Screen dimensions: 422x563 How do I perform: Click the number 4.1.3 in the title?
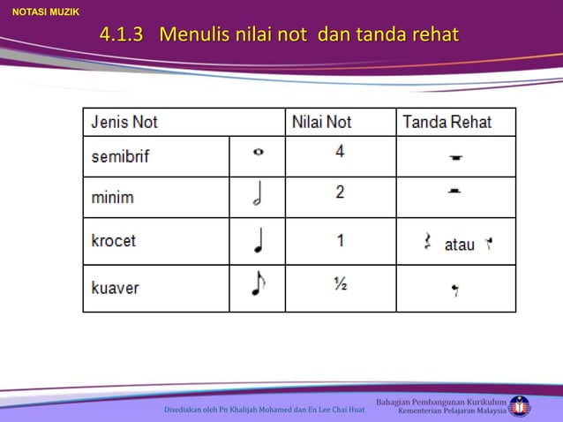coord(122,36)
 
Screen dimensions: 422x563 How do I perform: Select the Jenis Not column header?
coord(125,122)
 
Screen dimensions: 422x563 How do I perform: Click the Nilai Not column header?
coord(321,122)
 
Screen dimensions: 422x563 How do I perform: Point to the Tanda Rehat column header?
coord(447,122)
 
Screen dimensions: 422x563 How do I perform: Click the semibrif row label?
coord(121,156)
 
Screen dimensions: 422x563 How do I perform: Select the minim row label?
coord(113,197)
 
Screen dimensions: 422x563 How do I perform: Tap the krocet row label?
coord(114,240)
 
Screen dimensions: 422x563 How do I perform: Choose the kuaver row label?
coord(115,288)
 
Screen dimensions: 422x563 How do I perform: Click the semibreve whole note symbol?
coord(258,152)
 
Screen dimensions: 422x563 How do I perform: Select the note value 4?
coord(340,151)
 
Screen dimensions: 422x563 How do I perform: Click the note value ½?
coord(340,284)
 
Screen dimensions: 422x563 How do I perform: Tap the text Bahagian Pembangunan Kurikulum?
coord(441,403)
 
